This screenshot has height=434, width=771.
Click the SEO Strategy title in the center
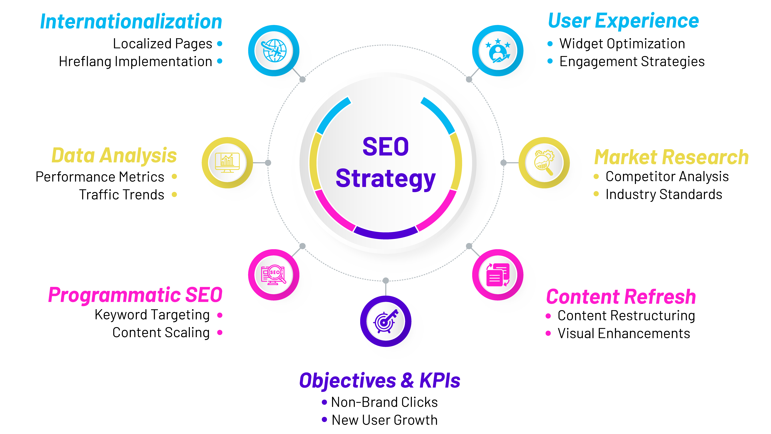(385, 163)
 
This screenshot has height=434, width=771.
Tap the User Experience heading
(623, 21)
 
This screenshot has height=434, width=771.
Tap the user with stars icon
(498, 51)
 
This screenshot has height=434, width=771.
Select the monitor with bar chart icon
(227, 163)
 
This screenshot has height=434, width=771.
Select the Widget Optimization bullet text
(622, 44)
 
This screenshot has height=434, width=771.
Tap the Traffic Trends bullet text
(122, 195)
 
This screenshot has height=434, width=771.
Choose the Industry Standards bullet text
(664, 194)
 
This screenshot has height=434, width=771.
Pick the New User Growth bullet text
(385, 420)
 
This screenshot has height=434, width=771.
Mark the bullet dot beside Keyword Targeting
(220, 315)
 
